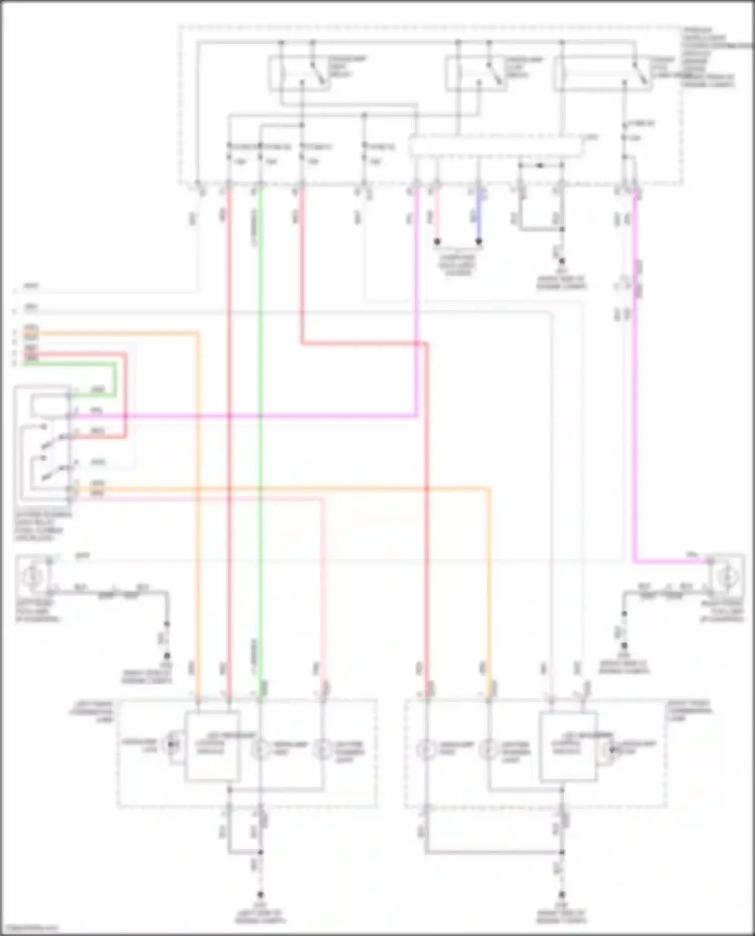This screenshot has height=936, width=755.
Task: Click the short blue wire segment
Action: tap(479, 216)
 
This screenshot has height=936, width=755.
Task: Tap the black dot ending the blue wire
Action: tap(479, 242)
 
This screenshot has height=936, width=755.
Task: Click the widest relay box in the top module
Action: tap(602, 74)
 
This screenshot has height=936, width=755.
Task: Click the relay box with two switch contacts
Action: tap(44, 445)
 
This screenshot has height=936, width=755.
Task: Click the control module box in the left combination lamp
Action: tap(212, 746)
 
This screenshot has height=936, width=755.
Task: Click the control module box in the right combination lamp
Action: tap(568, 746)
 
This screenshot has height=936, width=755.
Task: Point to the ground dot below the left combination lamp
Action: tap(260, 895)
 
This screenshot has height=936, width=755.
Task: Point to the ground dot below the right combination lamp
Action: tap(562, 895)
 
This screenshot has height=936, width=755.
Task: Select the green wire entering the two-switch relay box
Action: tap(96, 396)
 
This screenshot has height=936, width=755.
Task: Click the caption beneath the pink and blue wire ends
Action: tap(458, 265)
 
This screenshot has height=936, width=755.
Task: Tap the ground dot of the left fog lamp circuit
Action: tap(167, 656)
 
